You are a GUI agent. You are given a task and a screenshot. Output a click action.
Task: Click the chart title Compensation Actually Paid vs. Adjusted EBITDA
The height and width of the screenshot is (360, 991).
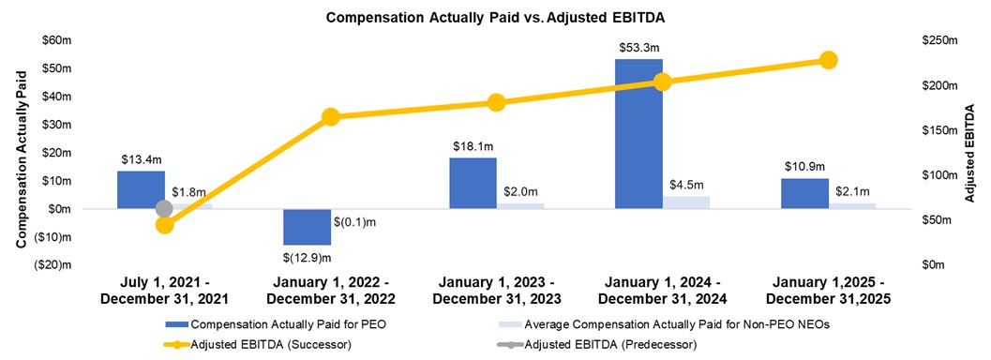point(495,17)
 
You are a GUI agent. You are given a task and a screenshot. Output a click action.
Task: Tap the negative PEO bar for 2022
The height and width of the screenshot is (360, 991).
point(307,226)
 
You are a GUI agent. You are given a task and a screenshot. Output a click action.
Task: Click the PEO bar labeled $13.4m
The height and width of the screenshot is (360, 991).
point(141,189)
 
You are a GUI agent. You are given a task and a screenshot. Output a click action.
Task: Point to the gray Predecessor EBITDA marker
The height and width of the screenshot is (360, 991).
point(164,208)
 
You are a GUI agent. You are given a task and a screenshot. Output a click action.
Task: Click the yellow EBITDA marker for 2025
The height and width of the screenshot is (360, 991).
point(828,60)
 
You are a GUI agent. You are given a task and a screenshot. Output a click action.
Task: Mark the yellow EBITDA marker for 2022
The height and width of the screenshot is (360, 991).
point(330,117)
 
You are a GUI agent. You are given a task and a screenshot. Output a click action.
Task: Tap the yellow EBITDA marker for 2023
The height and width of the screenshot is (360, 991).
point(496,102)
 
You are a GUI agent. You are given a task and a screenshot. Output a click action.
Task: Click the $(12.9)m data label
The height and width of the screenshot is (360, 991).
point(307,257)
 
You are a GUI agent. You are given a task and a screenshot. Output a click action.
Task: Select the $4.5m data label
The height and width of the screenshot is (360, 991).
point(685,185)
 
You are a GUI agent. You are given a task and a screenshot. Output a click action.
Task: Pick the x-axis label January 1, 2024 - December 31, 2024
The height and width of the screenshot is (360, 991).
point(662,291)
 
